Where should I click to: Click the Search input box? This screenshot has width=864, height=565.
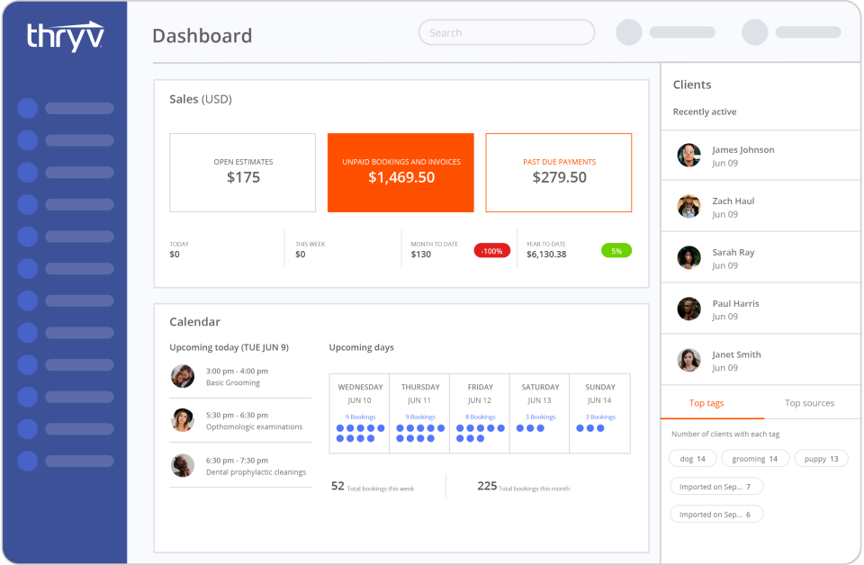coord(507,32)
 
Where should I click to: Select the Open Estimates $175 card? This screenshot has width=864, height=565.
coord(243,172)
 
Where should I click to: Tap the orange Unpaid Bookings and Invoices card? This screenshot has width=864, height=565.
coord(400,172)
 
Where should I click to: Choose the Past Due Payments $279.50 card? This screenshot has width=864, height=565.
coord(559,172)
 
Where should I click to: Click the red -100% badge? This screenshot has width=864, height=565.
coord(492,251)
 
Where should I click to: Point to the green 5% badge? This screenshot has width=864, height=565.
coord(616,251)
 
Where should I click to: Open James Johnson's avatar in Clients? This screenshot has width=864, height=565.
coord(688,156)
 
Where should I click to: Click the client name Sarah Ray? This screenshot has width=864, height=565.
coord(733,253)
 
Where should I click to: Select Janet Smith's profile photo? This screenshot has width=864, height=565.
coord(688,360)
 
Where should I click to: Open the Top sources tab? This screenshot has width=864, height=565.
coord(809,403)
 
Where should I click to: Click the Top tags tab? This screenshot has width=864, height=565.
coord(706,403)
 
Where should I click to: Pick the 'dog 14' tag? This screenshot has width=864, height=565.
coord(692,459)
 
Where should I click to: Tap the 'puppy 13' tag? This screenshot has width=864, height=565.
coord(821,459)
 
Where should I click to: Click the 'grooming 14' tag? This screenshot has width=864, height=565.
coord(754,459)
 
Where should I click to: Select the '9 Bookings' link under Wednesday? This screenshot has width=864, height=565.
coord(360,417)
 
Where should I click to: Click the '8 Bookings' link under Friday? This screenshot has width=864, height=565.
coord(480,417)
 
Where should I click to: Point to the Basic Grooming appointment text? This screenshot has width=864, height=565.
coord(233,382)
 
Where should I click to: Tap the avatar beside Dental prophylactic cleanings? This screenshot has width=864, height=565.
coord(183,465)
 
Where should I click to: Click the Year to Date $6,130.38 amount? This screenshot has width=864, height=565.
coord(546,255)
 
